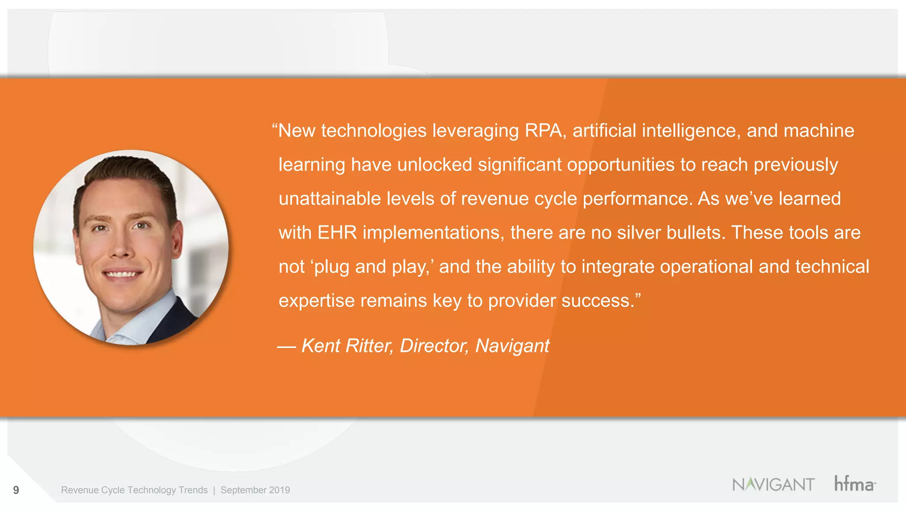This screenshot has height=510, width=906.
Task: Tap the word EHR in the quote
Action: [x=337, y=233]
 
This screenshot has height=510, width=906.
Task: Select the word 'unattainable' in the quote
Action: [x=330, y=199]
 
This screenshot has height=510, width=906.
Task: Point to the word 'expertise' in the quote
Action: [x=316, y=301]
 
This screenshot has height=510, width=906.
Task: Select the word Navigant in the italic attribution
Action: [x=512, y=346]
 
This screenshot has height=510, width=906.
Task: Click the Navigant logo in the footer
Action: [x=773, y=484]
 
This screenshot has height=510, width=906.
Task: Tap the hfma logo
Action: [x=854, y=483]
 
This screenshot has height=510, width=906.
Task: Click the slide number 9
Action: [x=16, y=490]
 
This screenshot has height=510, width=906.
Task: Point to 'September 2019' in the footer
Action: [x=255, y=490]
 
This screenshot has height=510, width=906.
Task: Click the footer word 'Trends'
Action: [x=193, y=490]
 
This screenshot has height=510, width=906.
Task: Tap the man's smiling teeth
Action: [x=122, y=274]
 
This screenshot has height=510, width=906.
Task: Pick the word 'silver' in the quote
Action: [x=639, y=233]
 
